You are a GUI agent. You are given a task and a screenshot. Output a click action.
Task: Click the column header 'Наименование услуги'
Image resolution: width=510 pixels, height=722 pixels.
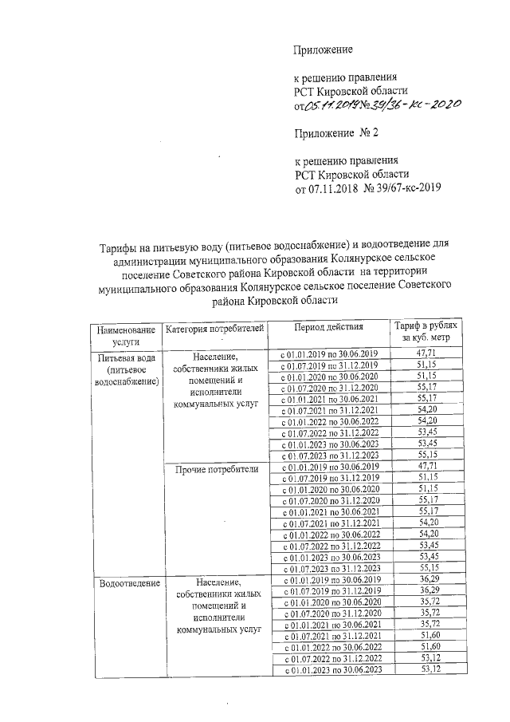(122, 333)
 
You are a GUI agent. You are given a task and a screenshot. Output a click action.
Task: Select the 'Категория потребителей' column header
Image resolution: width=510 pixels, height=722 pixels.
(213, 328)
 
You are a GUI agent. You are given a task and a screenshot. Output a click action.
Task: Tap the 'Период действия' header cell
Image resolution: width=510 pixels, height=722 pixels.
(327, 327)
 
